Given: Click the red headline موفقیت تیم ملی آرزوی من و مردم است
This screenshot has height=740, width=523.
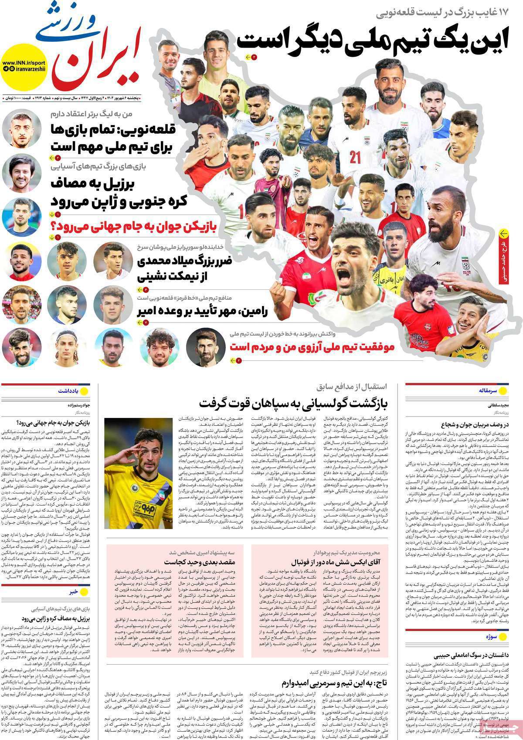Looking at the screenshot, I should click(x=312, y=347).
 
